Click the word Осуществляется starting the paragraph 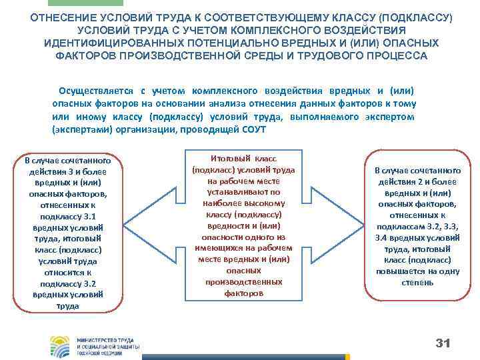95,91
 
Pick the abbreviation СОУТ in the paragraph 253,129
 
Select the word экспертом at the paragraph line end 391,116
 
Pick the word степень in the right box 417,282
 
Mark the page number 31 443,343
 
